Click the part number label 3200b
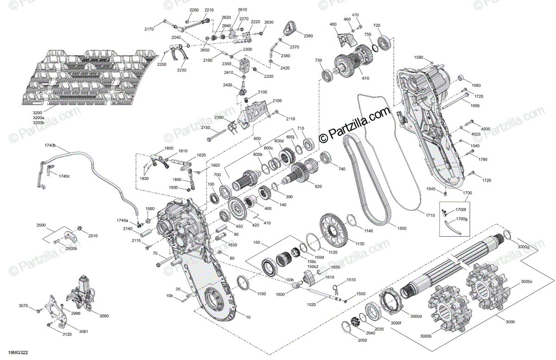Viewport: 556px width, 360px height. coord(38,123)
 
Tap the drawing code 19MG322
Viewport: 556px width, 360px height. coord(18,353)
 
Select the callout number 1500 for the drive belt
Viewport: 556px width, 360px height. coord(401,228)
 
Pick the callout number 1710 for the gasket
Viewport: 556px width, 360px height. coord(430,215)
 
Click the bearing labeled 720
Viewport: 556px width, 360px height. coord(385,42)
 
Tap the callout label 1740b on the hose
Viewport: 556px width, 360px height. coord(50,145)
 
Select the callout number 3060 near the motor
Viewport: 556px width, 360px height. coord(104,316)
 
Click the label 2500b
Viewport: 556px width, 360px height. coord(71,248)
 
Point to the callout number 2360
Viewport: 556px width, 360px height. coord(308,36)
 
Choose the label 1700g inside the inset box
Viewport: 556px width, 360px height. coord(461,219)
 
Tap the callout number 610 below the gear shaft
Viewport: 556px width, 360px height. coord(366,78)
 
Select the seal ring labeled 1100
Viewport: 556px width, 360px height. coord(243,283)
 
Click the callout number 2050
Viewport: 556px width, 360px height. coord(362,341)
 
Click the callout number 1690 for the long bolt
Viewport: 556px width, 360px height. coord(475,106)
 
